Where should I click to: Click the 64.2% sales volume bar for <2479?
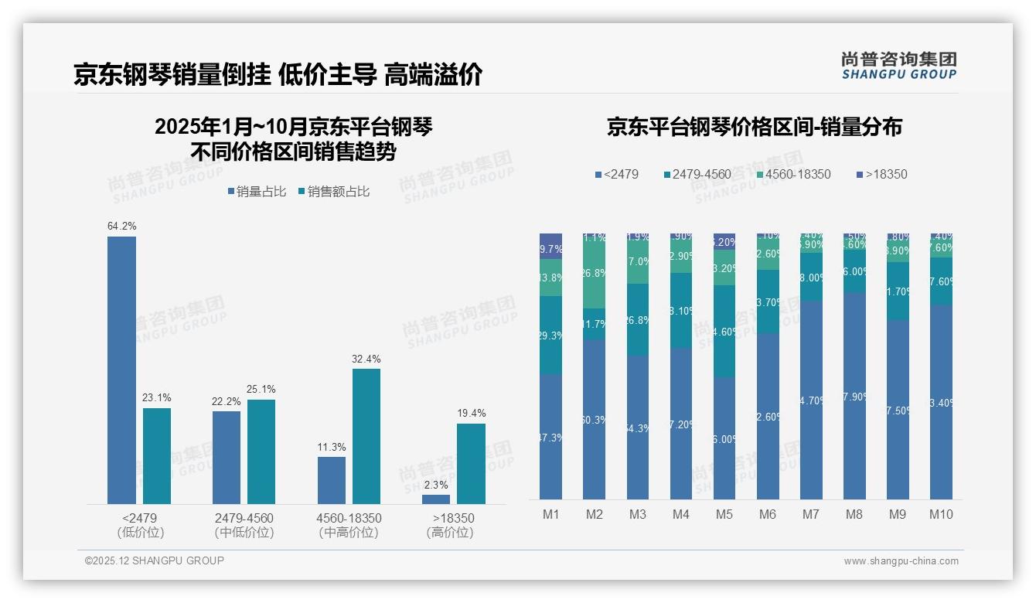pyautogui.click(x=121, y=370)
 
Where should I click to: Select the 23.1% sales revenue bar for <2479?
pyautogui.click(x=157, y=456)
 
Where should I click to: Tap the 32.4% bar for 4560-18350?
pyautogui.click(x=366, y=436)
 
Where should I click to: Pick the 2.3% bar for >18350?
pyautogui.click(x=436, y=499)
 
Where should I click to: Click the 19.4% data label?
pyautogui.click(x=471, y=413)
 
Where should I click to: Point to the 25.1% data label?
pyautogui.click(x=261, y=389)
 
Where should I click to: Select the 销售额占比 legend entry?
pyautogui.click(x=333, y=192)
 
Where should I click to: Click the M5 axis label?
pyautogui.click(x=724, y=514)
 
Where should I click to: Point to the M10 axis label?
pyautogui.click(x=941, y=514)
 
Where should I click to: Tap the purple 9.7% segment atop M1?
pyautogui.click(x=550, y=246)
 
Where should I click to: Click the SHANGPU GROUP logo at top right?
pyautogui.click(x=898, y=66)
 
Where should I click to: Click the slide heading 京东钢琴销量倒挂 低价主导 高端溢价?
pyautogui.click(x=278, y=74)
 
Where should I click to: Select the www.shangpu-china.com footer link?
pyautogui.click(x=901, y=561)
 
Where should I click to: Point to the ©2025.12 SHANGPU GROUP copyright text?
pyautogui.click(x=155, y=560)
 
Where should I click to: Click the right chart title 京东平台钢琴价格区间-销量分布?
pyautogui.click(x=754, y=127)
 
